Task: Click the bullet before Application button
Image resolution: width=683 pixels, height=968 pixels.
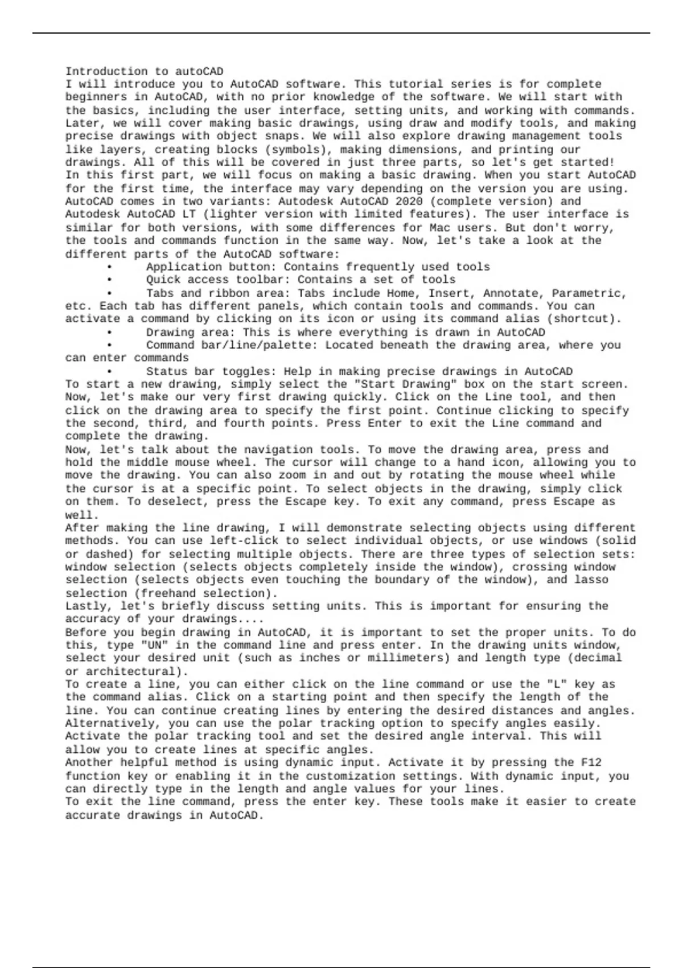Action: point(109,267)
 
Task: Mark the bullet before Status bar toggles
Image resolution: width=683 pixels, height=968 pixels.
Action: point(109,372)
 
